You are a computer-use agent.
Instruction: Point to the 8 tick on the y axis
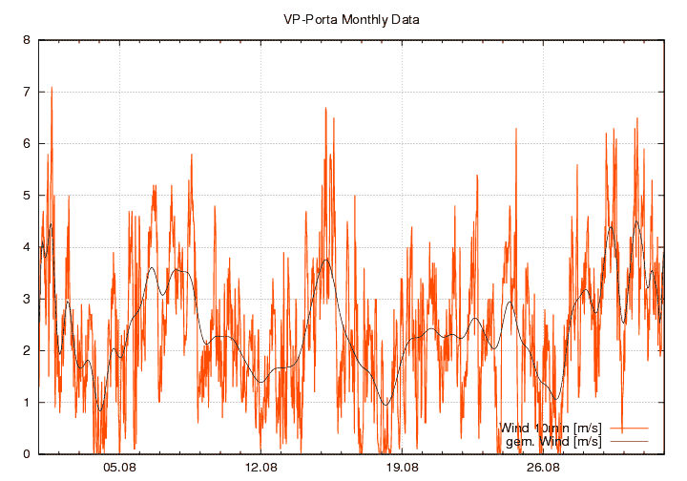tap(27, 41)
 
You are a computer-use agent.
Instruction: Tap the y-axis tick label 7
tap(27, 93)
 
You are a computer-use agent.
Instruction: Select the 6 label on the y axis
tap(27, 144)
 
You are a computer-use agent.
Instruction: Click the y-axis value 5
tap(27, 196)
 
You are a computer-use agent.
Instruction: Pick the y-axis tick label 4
tap(27, 247)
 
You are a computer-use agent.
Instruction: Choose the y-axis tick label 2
tap(27, 351)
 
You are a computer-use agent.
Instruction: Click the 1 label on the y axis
tap(27, 403)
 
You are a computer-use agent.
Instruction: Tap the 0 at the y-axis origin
tap(27, 454)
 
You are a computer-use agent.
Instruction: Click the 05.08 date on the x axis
tap(120, 468)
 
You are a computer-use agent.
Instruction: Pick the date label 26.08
tap(543, 468)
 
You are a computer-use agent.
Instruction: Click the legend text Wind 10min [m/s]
tap(551, 428)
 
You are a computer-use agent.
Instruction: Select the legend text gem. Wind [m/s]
tap(553, 441)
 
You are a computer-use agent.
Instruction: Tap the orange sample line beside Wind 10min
tap(628, 428)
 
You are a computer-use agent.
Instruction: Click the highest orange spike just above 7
tap(52, 87)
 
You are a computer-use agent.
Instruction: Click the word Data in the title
tap(406, 19)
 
